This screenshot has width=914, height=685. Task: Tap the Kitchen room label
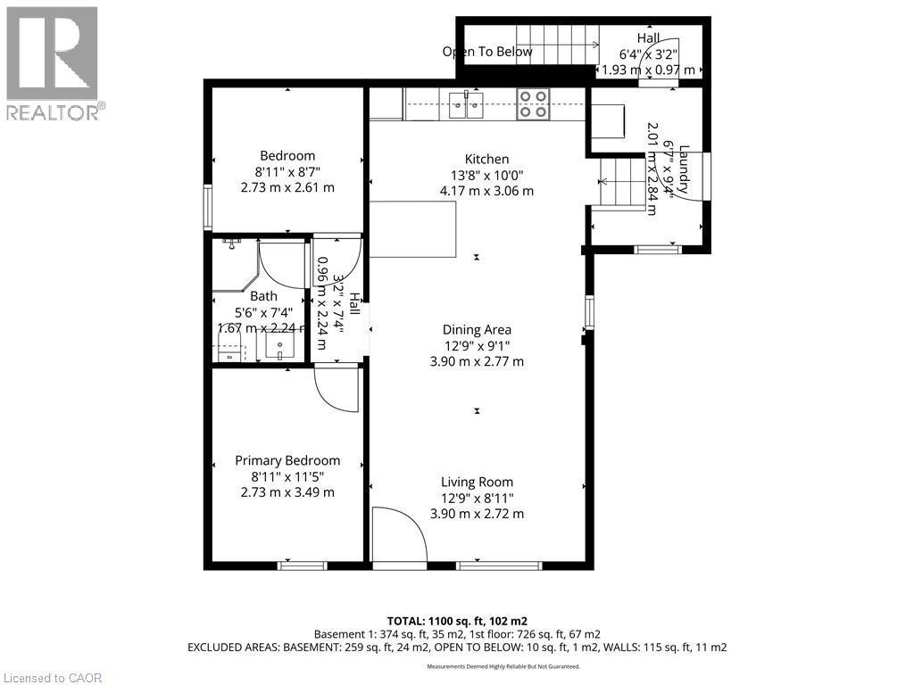486,159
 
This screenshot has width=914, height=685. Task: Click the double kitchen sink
465,104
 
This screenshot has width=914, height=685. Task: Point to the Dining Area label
477,329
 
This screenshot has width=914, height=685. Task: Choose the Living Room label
477,482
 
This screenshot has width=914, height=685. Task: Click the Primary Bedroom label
287,460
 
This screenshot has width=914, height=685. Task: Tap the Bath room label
263,296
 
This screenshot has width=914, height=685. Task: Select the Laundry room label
685,170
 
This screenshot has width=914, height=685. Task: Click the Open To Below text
487,52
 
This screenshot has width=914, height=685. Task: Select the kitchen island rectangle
413,229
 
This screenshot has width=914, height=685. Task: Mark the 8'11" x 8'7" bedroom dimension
287,171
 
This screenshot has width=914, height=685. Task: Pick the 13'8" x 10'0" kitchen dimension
486,175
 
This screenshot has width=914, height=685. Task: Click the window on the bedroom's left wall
207,207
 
